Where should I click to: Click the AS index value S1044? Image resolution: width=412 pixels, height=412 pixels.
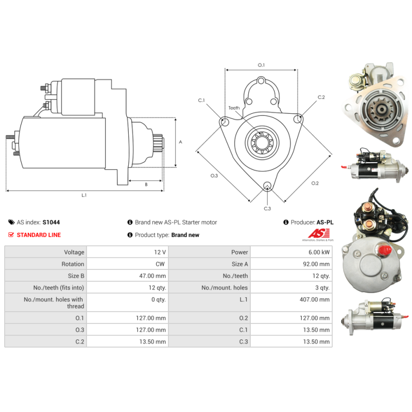[x=51, y=222]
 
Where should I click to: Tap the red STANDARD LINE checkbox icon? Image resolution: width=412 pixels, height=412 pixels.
[x=11, y=235]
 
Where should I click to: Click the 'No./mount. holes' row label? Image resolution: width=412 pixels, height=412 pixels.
[x=225, y=288]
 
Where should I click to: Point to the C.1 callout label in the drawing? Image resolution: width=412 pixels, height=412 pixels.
[x=201, y=100]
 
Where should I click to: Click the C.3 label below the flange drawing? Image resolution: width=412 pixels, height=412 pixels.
[x=267, y=209]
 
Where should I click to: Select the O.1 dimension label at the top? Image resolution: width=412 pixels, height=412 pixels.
[x=261, y=65]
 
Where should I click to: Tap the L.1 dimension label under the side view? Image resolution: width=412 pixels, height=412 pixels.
[x=84, y=195]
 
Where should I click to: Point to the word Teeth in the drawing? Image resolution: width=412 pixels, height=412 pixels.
[x=234, y=108]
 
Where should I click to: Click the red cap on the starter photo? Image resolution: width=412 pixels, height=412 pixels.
[x=382, y=250]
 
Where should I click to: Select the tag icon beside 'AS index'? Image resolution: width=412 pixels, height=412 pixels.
[x=11, y=222]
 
